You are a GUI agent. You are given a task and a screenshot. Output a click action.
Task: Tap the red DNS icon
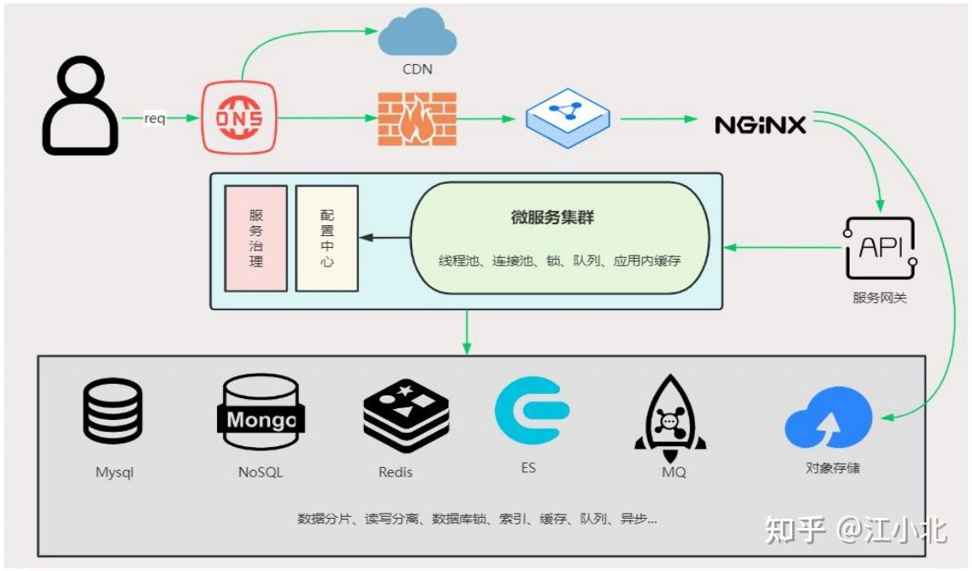(x=240, y=119)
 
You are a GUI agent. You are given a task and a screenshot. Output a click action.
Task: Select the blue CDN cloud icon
(x=416, y=35)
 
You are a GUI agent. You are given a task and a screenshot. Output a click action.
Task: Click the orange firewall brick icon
(x=415, y=119)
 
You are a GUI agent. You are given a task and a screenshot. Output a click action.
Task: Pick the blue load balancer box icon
(x=567, y=119)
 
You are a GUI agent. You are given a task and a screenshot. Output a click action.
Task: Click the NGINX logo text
(x=760, y=125)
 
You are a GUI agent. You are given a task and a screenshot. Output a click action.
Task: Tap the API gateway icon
(x=879, y=248)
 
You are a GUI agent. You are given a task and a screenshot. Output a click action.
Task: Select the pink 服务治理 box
(x=256, y=238)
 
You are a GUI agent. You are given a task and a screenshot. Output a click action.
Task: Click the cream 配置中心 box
(x=327, y=238)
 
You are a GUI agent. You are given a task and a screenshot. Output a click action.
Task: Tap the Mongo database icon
(x=260, y=413)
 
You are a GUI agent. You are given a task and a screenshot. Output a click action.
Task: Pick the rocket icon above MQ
(x=671, y=416)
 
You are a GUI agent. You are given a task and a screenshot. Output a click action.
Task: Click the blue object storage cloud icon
(x=828, y=419)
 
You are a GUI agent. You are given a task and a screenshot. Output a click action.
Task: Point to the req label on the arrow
(x=155, y=119)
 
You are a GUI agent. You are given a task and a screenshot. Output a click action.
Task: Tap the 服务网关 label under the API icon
(x=879, y=298)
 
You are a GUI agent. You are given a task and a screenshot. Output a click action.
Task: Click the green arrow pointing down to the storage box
(x=467, y=332)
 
